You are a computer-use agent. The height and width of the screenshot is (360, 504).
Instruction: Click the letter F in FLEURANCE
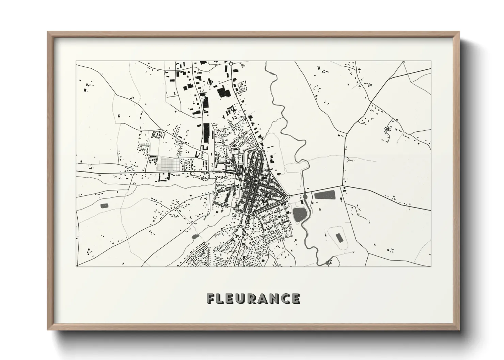click(x=211, y=298)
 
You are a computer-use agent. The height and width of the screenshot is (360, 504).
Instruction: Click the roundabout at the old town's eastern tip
click(x=288, y=196)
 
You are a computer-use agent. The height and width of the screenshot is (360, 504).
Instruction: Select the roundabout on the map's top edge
click(x=231, y=63)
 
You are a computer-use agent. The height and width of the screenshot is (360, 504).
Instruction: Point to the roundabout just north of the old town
click(x=257, y=146)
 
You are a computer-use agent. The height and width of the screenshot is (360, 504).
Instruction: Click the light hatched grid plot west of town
click(x=169, y=164)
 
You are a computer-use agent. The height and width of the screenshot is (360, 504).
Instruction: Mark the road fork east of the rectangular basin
click(x=342, y=186)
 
